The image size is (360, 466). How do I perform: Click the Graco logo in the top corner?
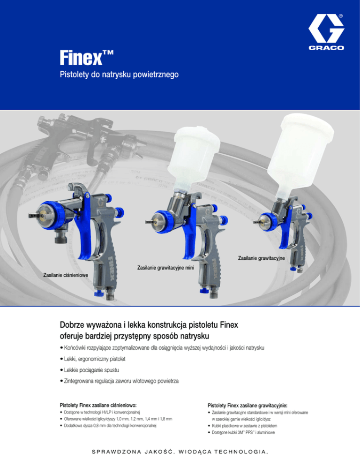click(x=326, y=32)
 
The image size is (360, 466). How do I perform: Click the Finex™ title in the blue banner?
click(x=87, y=58)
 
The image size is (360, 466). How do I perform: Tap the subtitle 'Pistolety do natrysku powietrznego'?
click(x=119, y=74)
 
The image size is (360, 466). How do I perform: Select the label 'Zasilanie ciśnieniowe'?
click(x=66, y=275)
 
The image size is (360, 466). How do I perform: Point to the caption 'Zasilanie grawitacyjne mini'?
click(x=165, y=268)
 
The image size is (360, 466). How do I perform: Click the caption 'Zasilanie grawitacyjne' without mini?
click(x=261, y=258)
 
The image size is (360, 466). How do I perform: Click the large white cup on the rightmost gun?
click(x=300, y=155)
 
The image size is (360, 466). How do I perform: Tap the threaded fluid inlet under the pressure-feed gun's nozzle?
click(x=62, y=236)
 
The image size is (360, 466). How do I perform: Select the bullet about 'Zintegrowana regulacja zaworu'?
click(x=119, y=381)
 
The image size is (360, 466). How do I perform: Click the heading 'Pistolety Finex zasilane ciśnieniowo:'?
click(x=98, y=405)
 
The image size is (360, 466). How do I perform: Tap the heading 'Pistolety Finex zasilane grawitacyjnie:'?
click(x=247, y=406)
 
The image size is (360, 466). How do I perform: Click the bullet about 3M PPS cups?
click(x=241, y=432)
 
